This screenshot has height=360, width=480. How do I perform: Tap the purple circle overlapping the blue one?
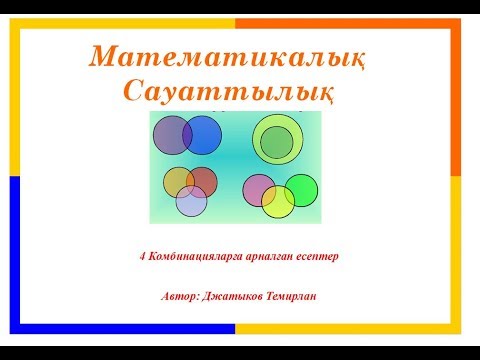(x=168, y=134)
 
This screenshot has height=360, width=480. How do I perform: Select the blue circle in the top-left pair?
(x=207, y=135)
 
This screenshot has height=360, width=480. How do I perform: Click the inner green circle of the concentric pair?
(x=275, y=142)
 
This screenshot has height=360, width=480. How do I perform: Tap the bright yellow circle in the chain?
(x=278, y=201)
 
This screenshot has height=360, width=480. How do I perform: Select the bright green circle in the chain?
(x=303, y=189)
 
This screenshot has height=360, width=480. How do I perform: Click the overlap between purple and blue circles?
(x=187, y=135)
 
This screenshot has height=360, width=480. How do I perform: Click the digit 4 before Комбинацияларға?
(x=143, y=256)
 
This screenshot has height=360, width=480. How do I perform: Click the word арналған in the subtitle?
(x=268, y=256)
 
